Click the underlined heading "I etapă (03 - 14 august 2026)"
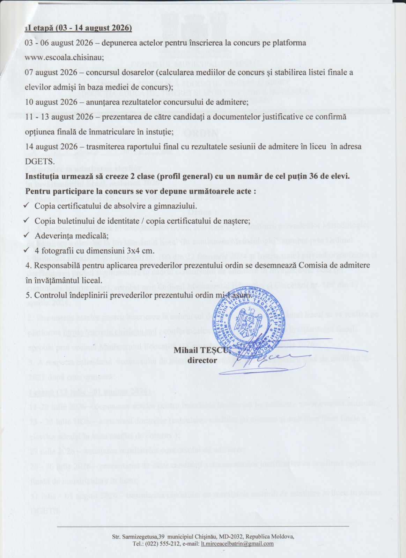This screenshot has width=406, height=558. pos(79,28)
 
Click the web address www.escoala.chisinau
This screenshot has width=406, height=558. pos(64,58)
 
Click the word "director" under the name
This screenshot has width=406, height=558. pos(202,360)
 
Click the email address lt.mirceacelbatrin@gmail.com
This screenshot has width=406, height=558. pos(237,543)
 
